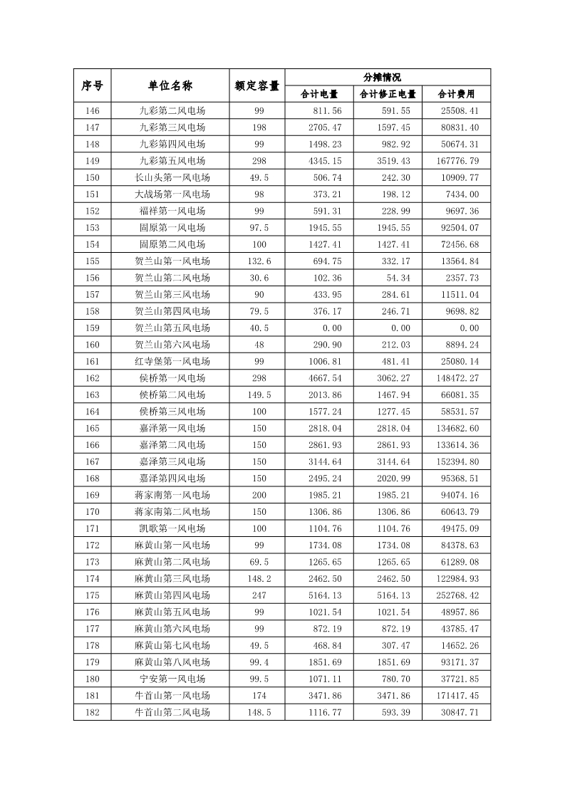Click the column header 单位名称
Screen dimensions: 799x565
170,85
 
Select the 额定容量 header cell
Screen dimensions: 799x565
256,85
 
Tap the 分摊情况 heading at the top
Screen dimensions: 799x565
388,77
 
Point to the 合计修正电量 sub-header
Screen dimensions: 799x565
388,94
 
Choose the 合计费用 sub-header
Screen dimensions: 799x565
456,94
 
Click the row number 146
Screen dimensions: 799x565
92,110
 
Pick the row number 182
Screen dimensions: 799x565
92,712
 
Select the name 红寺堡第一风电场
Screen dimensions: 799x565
172,361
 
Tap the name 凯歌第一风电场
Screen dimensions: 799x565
172,528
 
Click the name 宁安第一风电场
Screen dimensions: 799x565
172,679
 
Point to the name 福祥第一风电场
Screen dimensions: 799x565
172,211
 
